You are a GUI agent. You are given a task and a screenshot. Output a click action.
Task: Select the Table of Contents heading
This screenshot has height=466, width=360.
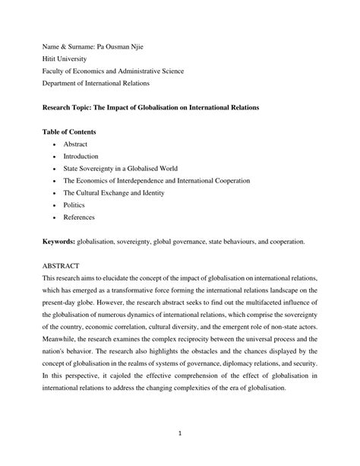pos(69,132)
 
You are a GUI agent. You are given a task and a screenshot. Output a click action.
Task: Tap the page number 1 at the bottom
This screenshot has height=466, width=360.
pos(179,436)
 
